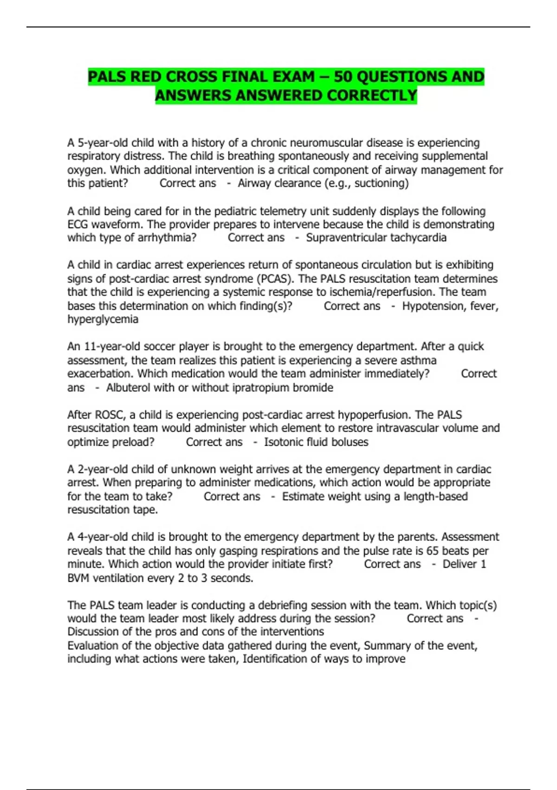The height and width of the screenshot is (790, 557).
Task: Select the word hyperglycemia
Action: [x=103, y=320]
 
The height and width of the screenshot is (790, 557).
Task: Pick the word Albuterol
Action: [x=128, y=388]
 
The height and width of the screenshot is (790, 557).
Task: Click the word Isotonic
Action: [x=283, y=442]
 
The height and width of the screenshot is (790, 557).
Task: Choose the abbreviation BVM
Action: [x=78, y=579]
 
